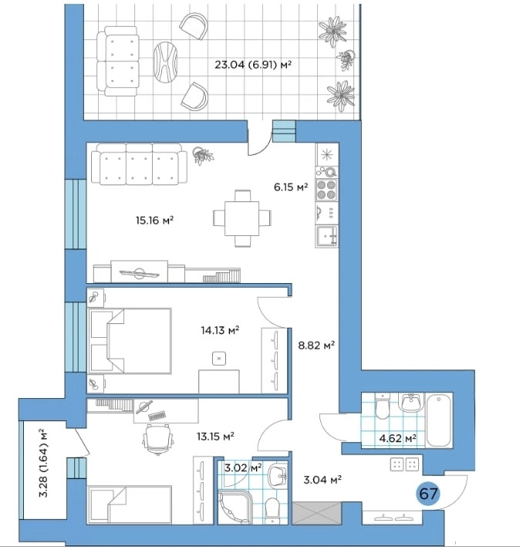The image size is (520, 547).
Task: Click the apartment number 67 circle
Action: tap(428, 494)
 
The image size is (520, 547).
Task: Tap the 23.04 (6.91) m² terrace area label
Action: tap(253, 65)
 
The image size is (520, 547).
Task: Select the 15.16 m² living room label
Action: tap(154, 220)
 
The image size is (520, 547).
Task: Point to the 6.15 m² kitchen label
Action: tap(291, 187)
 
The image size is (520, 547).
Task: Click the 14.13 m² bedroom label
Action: tap(220, 329)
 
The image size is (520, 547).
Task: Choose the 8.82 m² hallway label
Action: tap(316, 345)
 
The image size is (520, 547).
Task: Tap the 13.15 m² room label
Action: tap(215, 436)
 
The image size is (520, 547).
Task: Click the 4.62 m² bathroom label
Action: tap(397, 437)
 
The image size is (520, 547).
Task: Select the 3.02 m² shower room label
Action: tap(243, 468)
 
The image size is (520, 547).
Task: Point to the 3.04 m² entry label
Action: tap(322, 480)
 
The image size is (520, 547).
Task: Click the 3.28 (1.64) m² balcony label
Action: tap(44, 463)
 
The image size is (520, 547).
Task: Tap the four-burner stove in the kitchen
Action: tap(326, 190)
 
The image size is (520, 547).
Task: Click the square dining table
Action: tap(241, 218)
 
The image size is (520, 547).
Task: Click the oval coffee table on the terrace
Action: tap(165, 62)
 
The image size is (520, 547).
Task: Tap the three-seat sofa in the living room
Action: tap(139, 164)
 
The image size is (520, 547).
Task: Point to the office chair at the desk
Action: tap(158, 439)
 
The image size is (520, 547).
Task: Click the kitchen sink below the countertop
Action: tap(326, 237)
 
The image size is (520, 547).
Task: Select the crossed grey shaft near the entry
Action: tap(316, 513)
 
